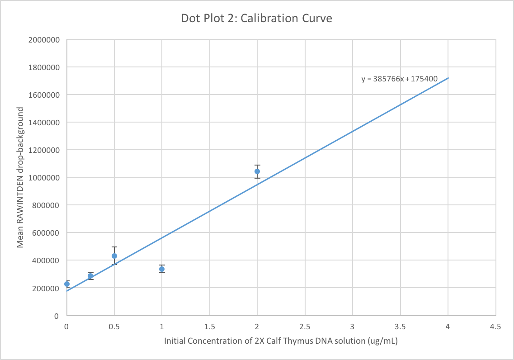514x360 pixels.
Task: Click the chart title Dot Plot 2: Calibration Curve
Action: [256, 19]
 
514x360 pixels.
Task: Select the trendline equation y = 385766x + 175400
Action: [399, 79]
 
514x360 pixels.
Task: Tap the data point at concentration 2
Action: [257, 171]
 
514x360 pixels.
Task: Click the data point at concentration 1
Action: [162, 269]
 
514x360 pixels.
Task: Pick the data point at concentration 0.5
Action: [114, 256]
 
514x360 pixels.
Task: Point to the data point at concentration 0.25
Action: [90, 276]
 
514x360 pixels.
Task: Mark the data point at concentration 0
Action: [67, 284]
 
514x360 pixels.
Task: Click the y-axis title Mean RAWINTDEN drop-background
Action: [20, 177]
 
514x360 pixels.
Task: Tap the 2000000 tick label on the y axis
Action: [45, 40]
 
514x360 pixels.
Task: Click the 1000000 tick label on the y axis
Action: [45, 178]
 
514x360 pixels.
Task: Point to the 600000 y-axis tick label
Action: [47, 233]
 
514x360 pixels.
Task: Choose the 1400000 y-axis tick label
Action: [45, 123]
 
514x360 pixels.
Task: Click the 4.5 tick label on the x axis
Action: [495, 326]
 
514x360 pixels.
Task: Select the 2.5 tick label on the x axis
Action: [305, 326]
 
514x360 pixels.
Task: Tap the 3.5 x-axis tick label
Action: [400, 326]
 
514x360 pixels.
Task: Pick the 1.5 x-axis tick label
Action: [209, 326]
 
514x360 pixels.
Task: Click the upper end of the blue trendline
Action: [448, 78]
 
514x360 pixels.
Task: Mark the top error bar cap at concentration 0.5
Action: [114, 247]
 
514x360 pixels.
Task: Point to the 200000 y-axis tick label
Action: [47, 288]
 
